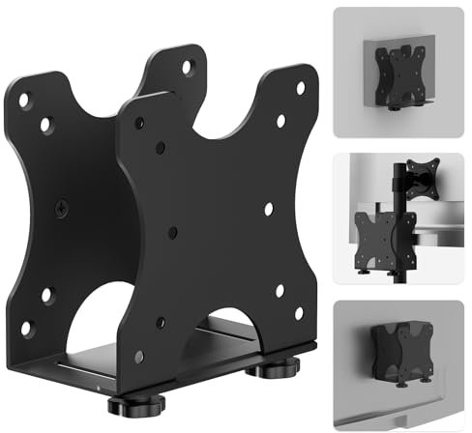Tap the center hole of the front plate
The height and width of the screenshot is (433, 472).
click(x=172, y=232)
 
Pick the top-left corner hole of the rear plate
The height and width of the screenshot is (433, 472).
click(x=25, y=99)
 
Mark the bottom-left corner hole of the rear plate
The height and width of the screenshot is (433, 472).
click(x=27, y=327)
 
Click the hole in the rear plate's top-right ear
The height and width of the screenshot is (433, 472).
click(x=186, y=67)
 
